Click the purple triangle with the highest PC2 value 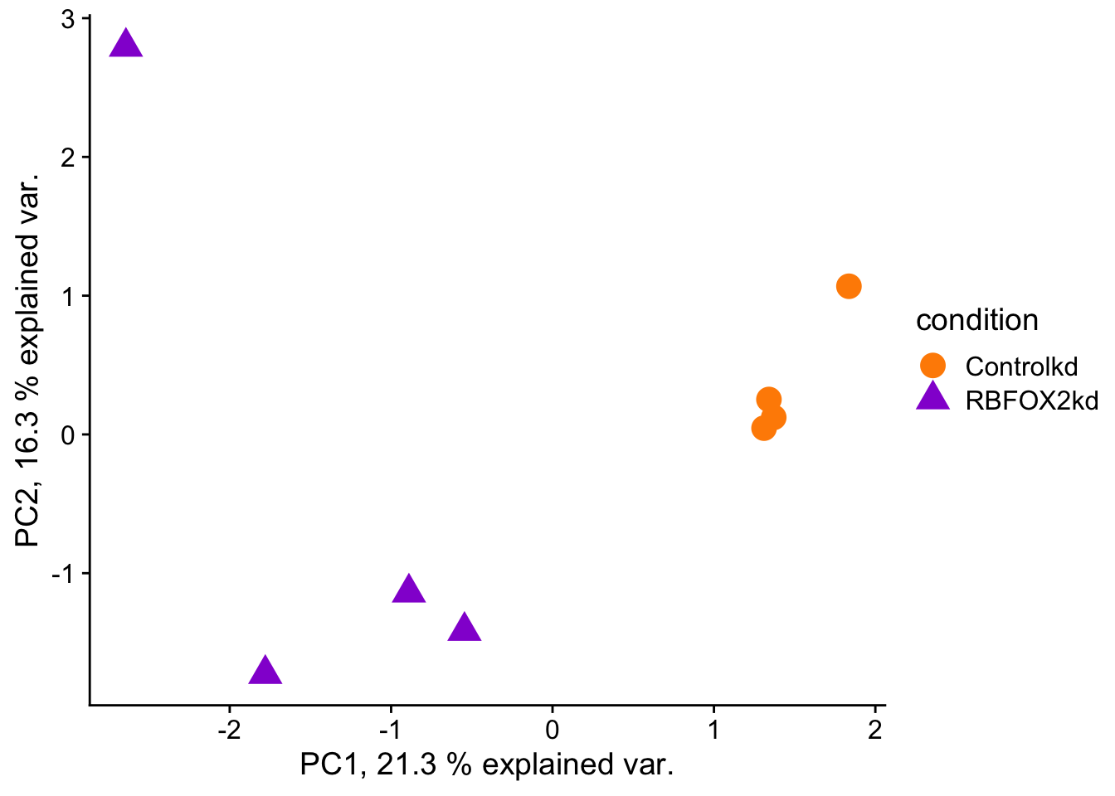pyautogui.click(x=125, y=44)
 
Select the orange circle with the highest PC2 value pyautogui.click(x=848, y=286)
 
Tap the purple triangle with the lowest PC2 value pyautogui.click(x=265, y=671)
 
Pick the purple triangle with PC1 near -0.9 pyautogui.click(x=408, y=590)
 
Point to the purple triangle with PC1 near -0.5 pyautogui.click(x=465, y=628)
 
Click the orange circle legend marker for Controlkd pyautogui.click(x=932, y=366)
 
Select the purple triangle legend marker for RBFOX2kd pyautogui.click(x=932, y=398)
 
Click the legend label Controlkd pyautogui.click(x=1021, y=366)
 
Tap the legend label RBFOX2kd pyautogui.click(x=1031, y=400)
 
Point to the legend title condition pyautogui.click(x=976, y=320)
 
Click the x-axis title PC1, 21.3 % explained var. pyautogui.click(x=486, y=764)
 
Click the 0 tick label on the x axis pyautogui.click(x=552, y=730)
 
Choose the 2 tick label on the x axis pyautogui.click(x=874, y=730)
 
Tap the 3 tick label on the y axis pyautogui.click(x=68, y=19)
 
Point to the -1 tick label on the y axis pyautogui.click(x=64, y=574)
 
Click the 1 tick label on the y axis pyautogui.click(x=68, y=296)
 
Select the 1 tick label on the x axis pyautogui.click(x=713, y=730)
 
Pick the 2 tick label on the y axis pyautogui.click(x=68, y=158)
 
